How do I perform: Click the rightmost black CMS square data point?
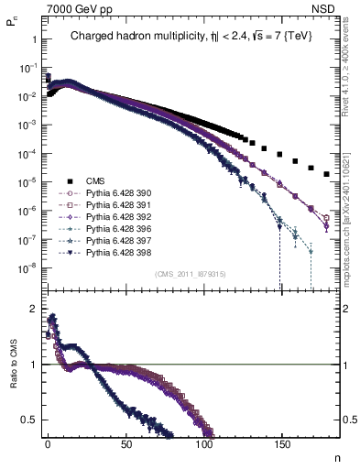pyautogui.click(x=327, y=172)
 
